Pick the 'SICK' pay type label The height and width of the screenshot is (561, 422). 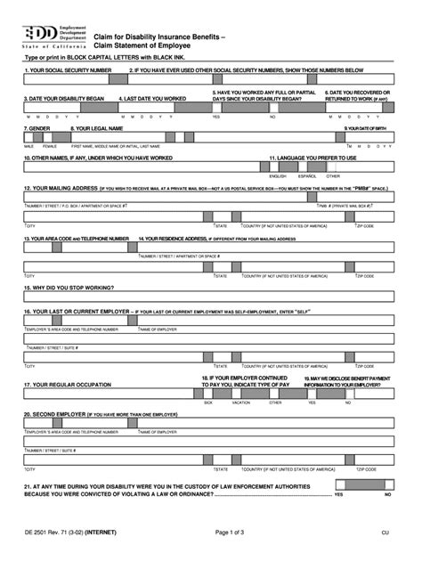click(x=207, y=402)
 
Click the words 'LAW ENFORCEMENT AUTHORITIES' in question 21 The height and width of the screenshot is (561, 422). click(x=259, y=487)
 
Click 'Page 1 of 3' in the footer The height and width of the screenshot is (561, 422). click(x=214, y=532)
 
